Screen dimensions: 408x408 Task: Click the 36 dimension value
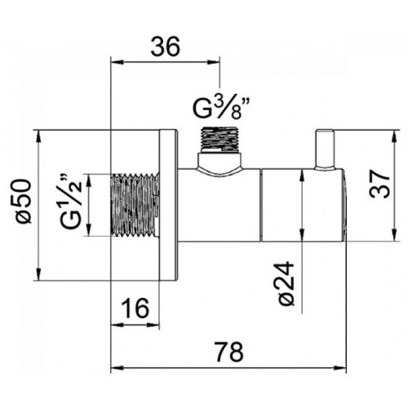pos(166,47)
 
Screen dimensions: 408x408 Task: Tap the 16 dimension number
pos(135,308)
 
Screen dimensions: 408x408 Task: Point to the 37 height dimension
pos(380,184)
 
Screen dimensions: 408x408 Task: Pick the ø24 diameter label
pos(286,284)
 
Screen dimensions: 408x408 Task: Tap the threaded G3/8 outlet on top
pos(220,140)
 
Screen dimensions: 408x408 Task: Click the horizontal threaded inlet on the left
pos(135,205)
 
